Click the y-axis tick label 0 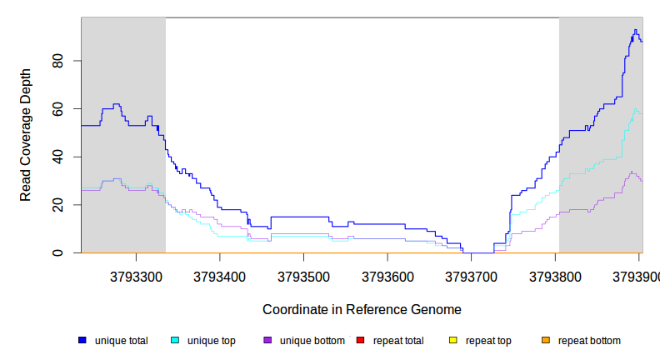pos(57,252)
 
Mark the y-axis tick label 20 pos(57,205)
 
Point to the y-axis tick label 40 pos(57,157)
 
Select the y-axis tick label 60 pos(57,109)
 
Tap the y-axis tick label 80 pos(57,61)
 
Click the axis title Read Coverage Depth pos(26,135)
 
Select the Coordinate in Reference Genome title pos(362,309)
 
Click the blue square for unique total pos(82,341)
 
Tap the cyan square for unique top pos(175,341)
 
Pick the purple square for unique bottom pos(267,341)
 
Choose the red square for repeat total pos(360,341)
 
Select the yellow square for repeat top pos(453,341)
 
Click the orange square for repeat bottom pos(546,341)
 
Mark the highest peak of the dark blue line pos(635,30)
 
